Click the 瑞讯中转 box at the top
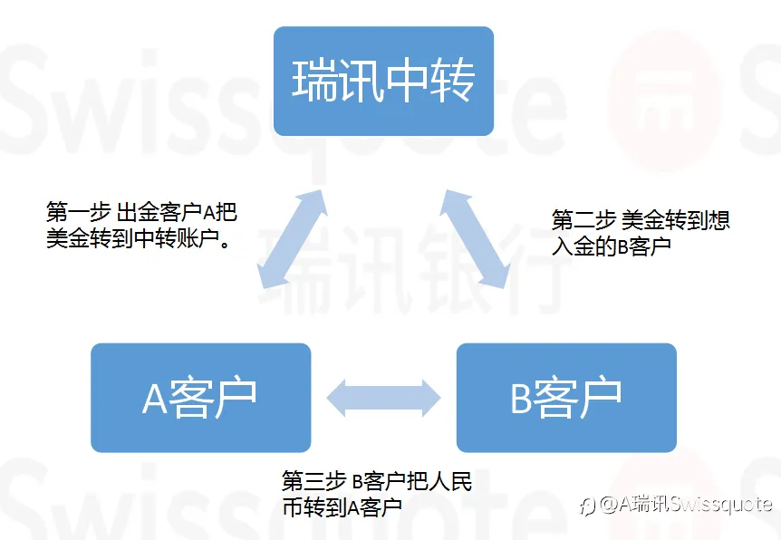point(383,82)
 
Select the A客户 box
point(200,397)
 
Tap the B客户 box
point(566,397)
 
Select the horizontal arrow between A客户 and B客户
point(383,398)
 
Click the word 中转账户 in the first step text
point(176,239)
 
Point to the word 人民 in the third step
point(452,481)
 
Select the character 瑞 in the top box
point(313,82)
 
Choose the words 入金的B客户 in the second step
point(612,246)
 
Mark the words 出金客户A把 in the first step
point(177,213)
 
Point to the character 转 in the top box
point(452,82)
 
